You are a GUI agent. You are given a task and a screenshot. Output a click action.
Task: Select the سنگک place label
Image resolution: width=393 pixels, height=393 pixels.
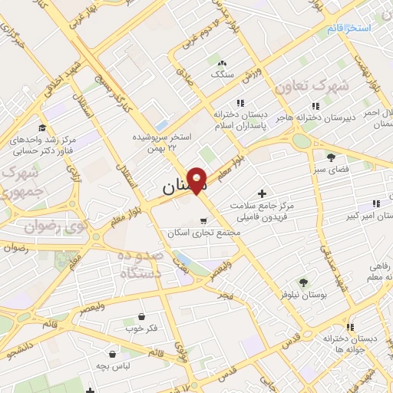pos(222,74)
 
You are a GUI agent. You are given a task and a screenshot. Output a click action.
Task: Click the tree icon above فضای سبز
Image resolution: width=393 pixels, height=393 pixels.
pos(331,157)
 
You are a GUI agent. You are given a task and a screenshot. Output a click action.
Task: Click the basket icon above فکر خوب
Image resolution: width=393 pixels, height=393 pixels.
pos(141,315)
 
